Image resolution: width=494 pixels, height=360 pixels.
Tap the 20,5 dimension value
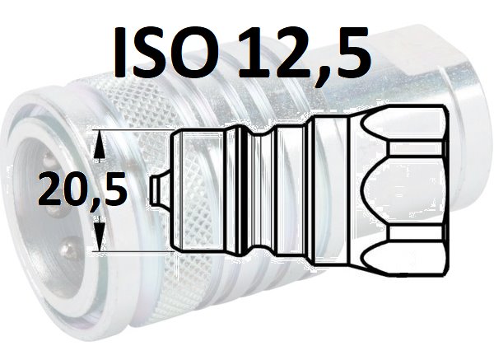82,188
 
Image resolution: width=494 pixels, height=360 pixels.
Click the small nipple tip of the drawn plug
159,190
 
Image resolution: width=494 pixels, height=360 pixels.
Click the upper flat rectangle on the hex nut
417,148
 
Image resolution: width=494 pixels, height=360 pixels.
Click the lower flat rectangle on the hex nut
417,233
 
